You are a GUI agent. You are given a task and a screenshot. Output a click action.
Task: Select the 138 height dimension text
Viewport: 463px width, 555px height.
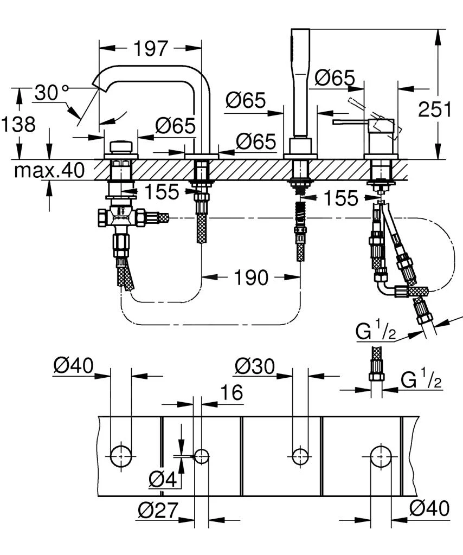click(18, 124)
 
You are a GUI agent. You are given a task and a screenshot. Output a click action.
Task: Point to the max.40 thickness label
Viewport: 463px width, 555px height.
click(49, 171)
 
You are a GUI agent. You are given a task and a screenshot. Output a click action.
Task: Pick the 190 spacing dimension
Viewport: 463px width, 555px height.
click(251, 277)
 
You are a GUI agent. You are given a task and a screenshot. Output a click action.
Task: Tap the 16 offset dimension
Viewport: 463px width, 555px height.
click(232, 392)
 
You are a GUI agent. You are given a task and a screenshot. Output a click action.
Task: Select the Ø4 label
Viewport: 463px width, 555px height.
click(163, 479)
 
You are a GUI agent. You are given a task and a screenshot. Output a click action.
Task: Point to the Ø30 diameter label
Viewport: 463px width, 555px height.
click(255, 367)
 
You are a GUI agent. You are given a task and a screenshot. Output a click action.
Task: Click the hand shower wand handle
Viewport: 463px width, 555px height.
click(299, 81)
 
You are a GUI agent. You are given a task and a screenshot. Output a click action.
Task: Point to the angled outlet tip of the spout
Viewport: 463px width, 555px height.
click(98, 82)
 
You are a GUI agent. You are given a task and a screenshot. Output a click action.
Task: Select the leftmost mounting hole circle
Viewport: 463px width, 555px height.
click(120, 456)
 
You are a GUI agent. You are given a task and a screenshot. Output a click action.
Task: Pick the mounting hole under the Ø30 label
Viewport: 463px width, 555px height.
click(300, 456)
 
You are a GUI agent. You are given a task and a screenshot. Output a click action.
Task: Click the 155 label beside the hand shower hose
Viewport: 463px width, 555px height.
click(340, 198)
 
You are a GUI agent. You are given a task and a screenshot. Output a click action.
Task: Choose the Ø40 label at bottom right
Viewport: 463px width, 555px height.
click(429, 508)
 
